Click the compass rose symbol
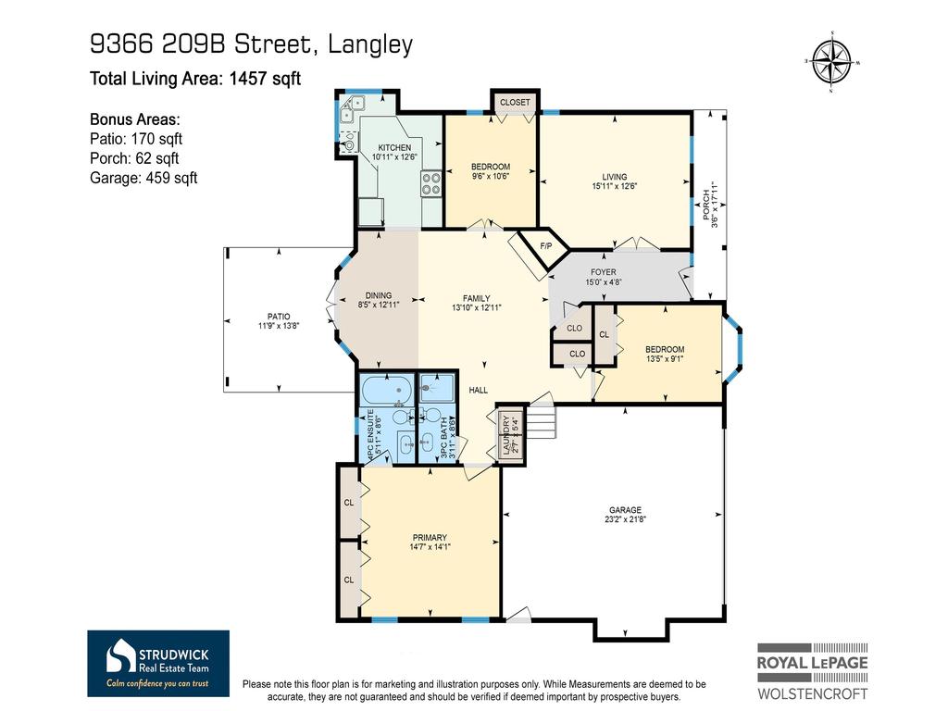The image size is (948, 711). (832, 62)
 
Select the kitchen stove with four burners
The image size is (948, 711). (431, 183)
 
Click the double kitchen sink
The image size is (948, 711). (347, 112)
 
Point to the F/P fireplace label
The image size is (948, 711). (546, 246)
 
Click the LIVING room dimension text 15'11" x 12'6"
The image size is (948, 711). (614, 186)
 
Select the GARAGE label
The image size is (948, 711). (625, 510)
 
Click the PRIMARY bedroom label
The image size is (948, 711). (430, 538)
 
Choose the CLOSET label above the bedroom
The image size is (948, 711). (515, 102)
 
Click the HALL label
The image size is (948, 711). (478, 391)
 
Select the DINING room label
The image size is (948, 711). (378, 296)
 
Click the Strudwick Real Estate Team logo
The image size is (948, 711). (158, 663)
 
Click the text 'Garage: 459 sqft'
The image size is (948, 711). (143, 178)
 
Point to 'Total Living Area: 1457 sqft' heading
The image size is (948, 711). (195, 79)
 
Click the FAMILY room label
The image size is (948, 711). (476, 298)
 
